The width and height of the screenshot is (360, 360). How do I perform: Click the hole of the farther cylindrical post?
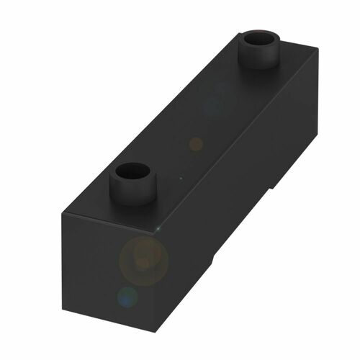click(259, 39)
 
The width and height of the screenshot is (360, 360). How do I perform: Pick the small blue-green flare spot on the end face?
click(127, 296)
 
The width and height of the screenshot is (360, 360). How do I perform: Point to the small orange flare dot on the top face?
click(195, 144)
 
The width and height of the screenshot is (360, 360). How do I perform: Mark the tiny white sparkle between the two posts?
click(181, 177)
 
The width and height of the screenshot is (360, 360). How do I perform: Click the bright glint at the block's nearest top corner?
click(158, 229)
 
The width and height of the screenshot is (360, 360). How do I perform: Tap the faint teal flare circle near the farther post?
click(214, 105)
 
